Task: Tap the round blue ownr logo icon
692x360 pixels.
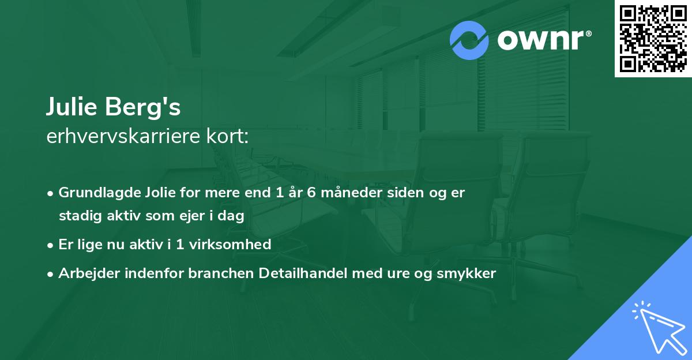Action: coord(469,40)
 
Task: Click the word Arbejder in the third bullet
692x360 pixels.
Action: coord(85,273)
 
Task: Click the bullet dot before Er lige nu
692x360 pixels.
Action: coord(51,245)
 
